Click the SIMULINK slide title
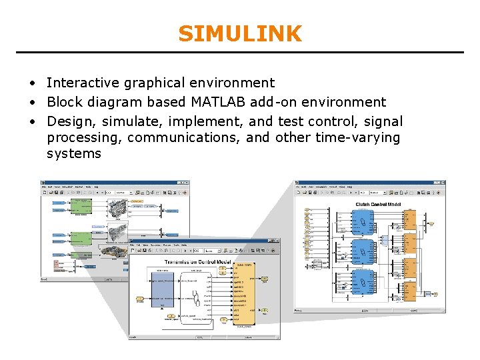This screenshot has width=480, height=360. click(240, 33)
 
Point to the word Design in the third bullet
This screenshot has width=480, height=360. click(69, 121)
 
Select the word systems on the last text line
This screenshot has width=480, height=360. click(74, 153)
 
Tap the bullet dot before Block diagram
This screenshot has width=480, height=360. click(32, 103)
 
